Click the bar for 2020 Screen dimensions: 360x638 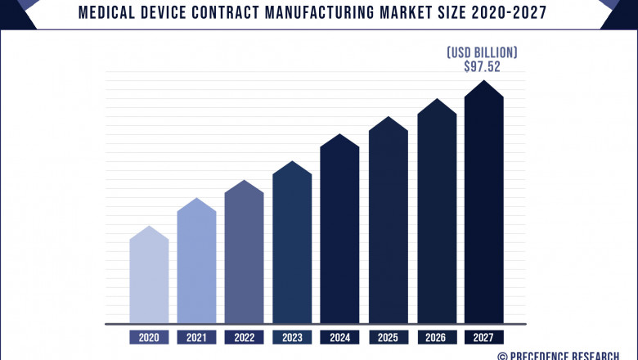tap(149, 278)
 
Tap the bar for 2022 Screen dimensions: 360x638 tap(244, 254)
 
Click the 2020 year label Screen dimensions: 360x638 tap(149, 337)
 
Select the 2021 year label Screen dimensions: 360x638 tap(196, 337)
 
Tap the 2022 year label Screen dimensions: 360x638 tap(244, 337)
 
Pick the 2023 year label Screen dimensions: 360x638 tap(292, 337)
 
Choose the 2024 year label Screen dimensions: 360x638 tap(339, 337)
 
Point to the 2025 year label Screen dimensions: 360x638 tap(388, 337)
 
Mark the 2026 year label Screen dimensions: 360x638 tap(436, 337)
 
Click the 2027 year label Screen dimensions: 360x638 tap(483, 337)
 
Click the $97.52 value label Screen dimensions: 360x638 tap(482, 67)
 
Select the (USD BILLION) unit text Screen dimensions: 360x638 tap(482, 52)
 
